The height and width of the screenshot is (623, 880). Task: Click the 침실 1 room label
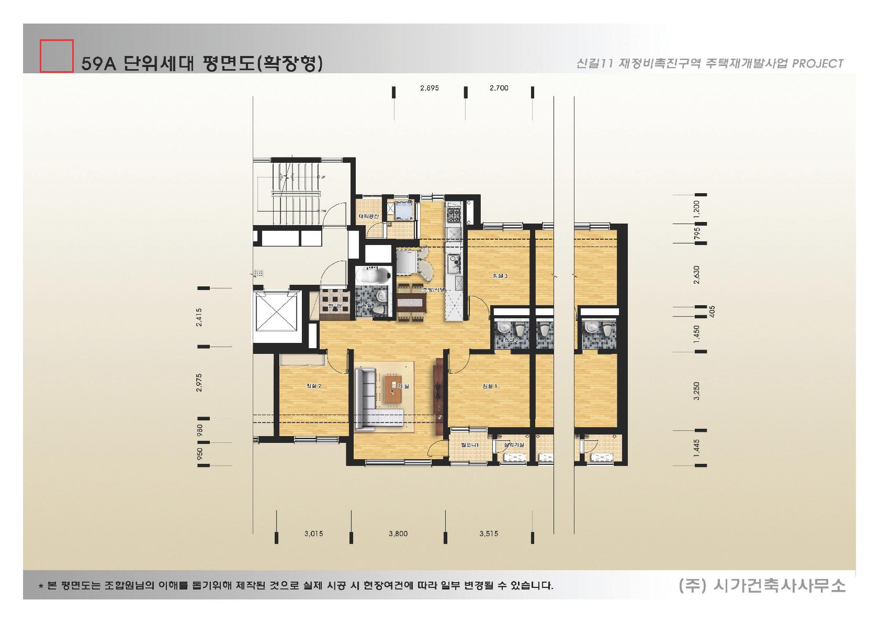coord(490,386)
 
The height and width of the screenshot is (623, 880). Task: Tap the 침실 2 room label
coord(313,386)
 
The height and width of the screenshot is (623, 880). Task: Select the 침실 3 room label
coord(500,276)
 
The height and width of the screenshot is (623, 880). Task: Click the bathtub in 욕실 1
coord(372,275)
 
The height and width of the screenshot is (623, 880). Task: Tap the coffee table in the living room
coord(392,389)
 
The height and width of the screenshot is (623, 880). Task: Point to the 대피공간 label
coord(369,216)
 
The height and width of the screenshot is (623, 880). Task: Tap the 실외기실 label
coord(513,444)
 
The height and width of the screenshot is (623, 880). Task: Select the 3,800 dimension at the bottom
coord(398,534)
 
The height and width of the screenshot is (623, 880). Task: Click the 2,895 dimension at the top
coord(429,88)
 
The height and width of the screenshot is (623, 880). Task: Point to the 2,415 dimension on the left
coord(199,317)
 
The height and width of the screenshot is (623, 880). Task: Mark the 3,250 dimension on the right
coord(696,391)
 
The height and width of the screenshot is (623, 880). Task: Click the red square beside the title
coord(57,55)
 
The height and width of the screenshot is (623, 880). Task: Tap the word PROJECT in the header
coord(818,64)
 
